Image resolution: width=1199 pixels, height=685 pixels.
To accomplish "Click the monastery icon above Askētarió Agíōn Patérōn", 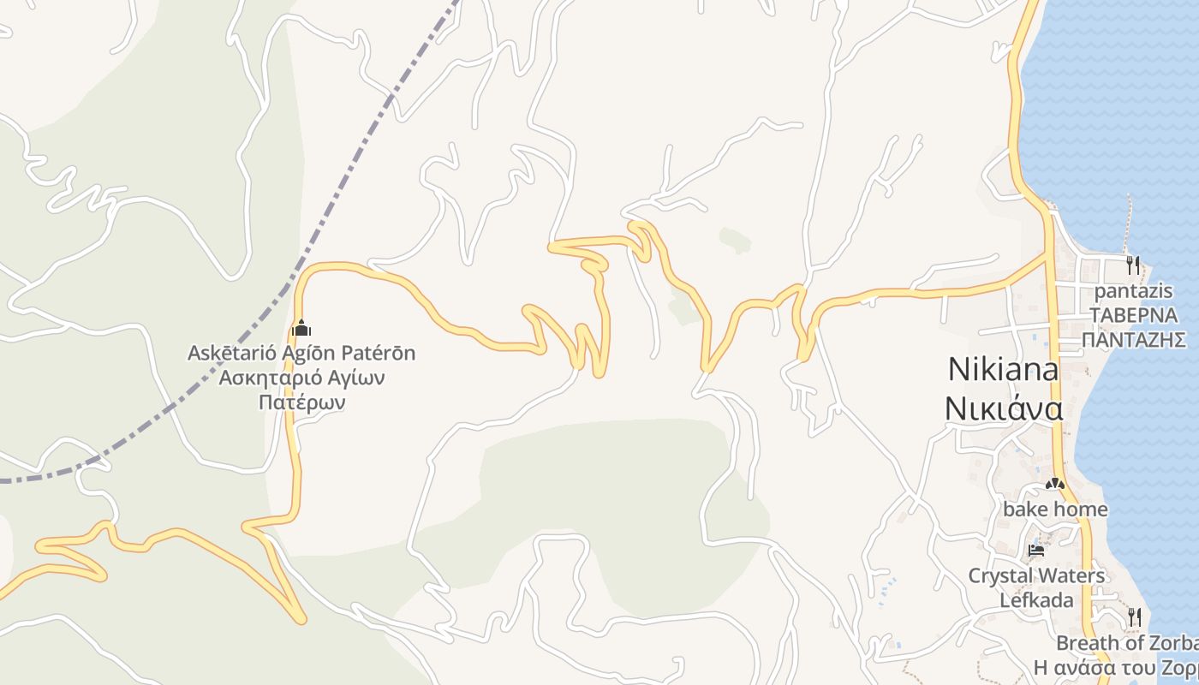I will coord(301,328).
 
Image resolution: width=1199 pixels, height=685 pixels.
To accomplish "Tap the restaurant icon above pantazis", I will coord(1133,265).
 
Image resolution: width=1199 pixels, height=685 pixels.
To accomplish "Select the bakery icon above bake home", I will coord(1054,485).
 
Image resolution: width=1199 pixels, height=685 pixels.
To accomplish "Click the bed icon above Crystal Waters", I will coord(1036,550).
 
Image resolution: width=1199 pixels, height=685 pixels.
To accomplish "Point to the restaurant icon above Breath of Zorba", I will coord(1135,616).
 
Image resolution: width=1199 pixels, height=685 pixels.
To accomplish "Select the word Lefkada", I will coord(1036,599).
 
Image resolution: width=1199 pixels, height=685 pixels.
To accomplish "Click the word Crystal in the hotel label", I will coord(998,575).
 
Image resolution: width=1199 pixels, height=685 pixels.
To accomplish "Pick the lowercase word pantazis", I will coord(1133,291).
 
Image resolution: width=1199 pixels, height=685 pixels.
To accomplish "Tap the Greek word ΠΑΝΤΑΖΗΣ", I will coord(1134,339).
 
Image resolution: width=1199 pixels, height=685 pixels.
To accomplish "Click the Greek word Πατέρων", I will coord(301,402).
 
